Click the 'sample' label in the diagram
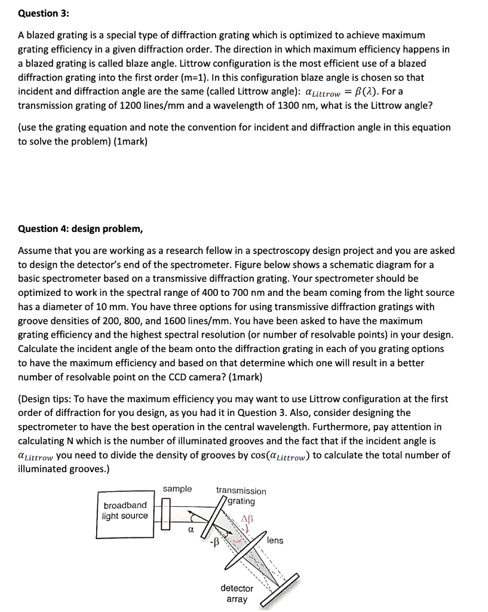tap(177, 489)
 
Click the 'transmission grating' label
tap(241, 495)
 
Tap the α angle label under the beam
tap(191, 530)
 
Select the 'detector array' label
tap(237, 593)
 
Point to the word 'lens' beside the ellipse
tap(275, 540)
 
